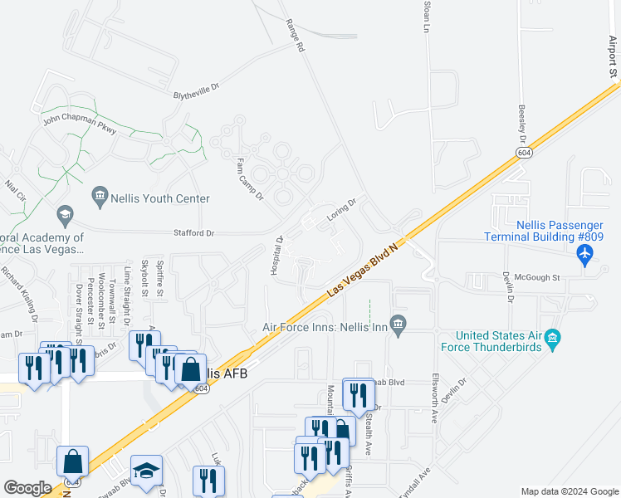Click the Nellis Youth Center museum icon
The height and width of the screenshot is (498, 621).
click(x=100, y=197)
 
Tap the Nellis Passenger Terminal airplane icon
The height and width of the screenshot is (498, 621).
click(x=587, y=256)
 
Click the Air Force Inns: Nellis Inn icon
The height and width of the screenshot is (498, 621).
click(x=399, y=323)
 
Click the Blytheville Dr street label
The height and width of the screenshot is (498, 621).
click(x=196, y=95)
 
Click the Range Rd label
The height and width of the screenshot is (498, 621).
click(x=294, y=36)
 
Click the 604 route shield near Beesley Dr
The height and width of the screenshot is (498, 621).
click(x=522, y=154)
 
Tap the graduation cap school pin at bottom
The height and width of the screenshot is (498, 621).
click(x=147, y=471)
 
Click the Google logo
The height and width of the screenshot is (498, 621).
click(x=27, y=489)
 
